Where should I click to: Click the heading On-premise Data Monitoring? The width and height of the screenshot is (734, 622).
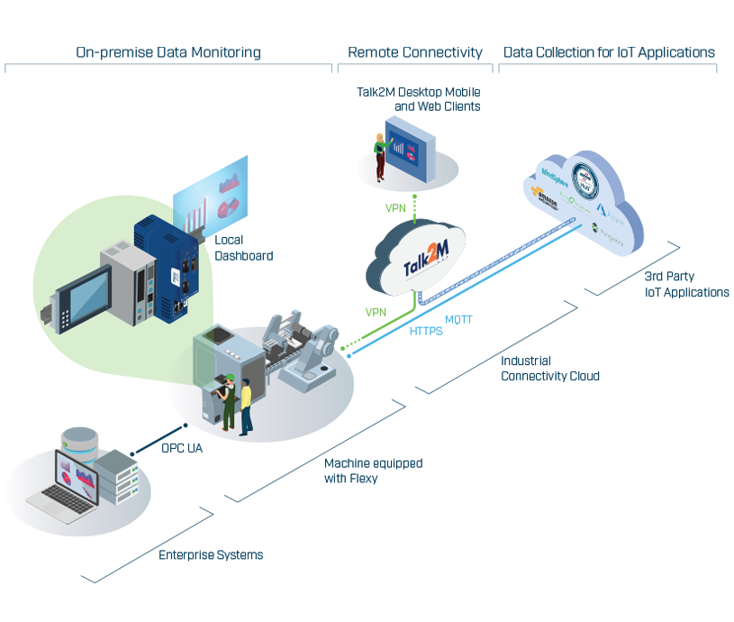click(168, 52)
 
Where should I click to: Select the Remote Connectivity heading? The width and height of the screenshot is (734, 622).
click(415, 52)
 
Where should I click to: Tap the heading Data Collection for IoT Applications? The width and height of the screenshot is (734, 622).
click(608, 52)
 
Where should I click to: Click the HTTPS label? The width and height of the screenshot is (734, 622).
click(426, 331)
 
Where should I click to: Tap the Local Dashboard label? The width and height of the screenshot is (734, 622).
click(243, 248)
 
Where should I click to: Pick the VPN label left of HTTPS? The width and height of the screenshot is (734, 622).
click(376, 311)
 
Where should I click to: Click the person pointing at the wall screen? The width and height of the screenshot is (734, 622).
click(380, 154)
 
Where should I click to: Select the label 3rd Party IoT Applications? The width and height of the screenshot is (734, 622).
click(686, 285)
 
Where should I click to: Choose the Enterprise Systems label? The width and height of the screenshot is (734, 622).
click(211, 555)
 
